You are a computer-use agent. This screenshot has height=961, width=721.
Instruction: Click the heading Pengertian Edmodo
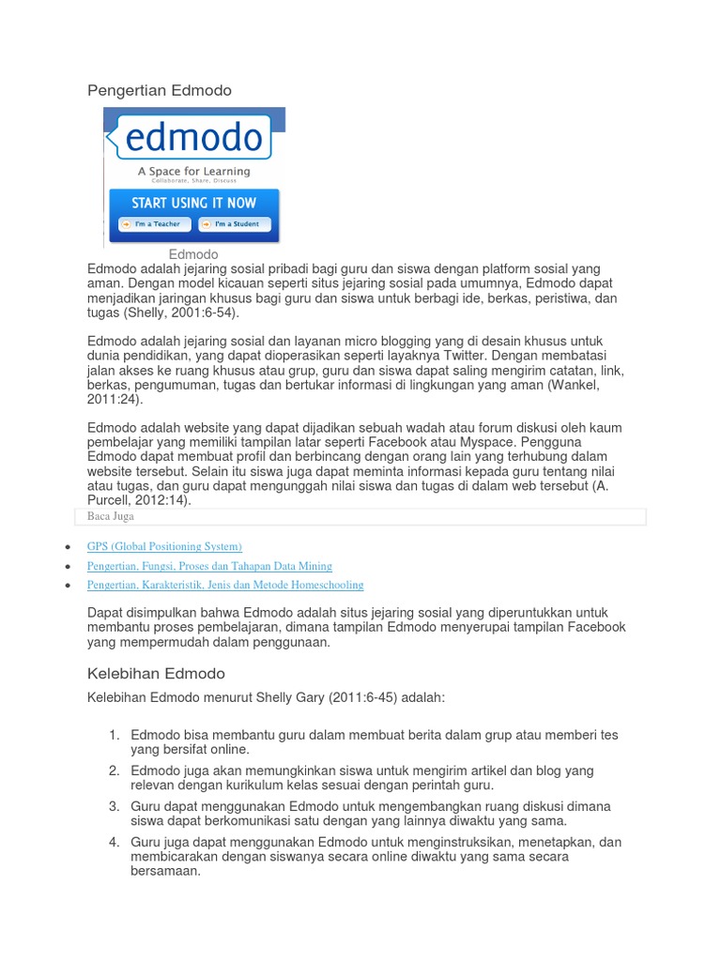coord(159,90)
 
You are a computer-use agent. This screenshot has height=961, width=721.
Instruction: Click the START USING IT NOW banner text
coord(194,203)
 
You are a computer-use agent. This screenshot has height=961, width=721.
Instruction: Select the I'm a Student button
coord(235,224)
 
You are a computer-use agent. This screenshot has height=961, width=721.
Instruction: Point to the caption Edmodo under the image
coord(193,254)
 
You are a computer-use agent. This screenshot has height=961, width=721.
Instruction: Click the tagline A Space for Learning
coord(194,172)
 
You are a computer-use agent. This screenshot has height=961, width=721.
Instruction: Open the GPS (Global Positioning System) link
coord(164,546)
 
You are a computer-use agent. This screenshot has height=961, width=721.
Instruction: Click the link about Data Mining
coord(209,566)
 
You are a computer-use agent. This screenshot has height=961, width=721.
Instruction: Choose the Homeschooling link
coord(225,585)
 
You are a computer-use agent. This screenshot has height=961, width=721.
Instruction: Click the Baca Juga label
coord(111,516)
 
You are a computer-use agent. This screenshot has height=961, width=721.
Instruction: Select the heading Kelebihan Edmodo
coord(156,674)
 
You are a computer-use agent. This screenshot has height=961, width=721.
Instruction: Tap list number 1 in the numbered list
coord(114,735)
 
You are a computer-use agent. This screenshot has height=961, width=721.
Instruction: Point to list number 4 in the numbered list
coord(114,842)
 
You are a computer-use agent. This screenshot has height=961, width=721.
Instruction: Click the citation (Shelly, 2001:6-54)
coord(179,313)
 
